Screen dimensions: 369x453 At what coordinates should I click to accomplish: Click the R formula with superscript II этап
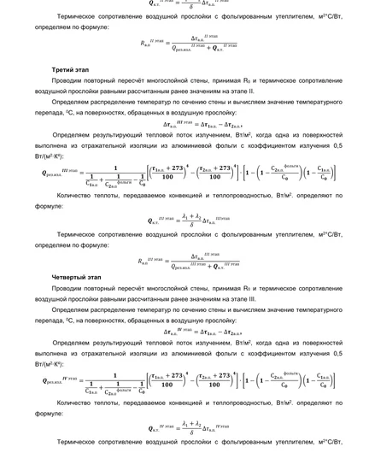pos(188,43)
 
